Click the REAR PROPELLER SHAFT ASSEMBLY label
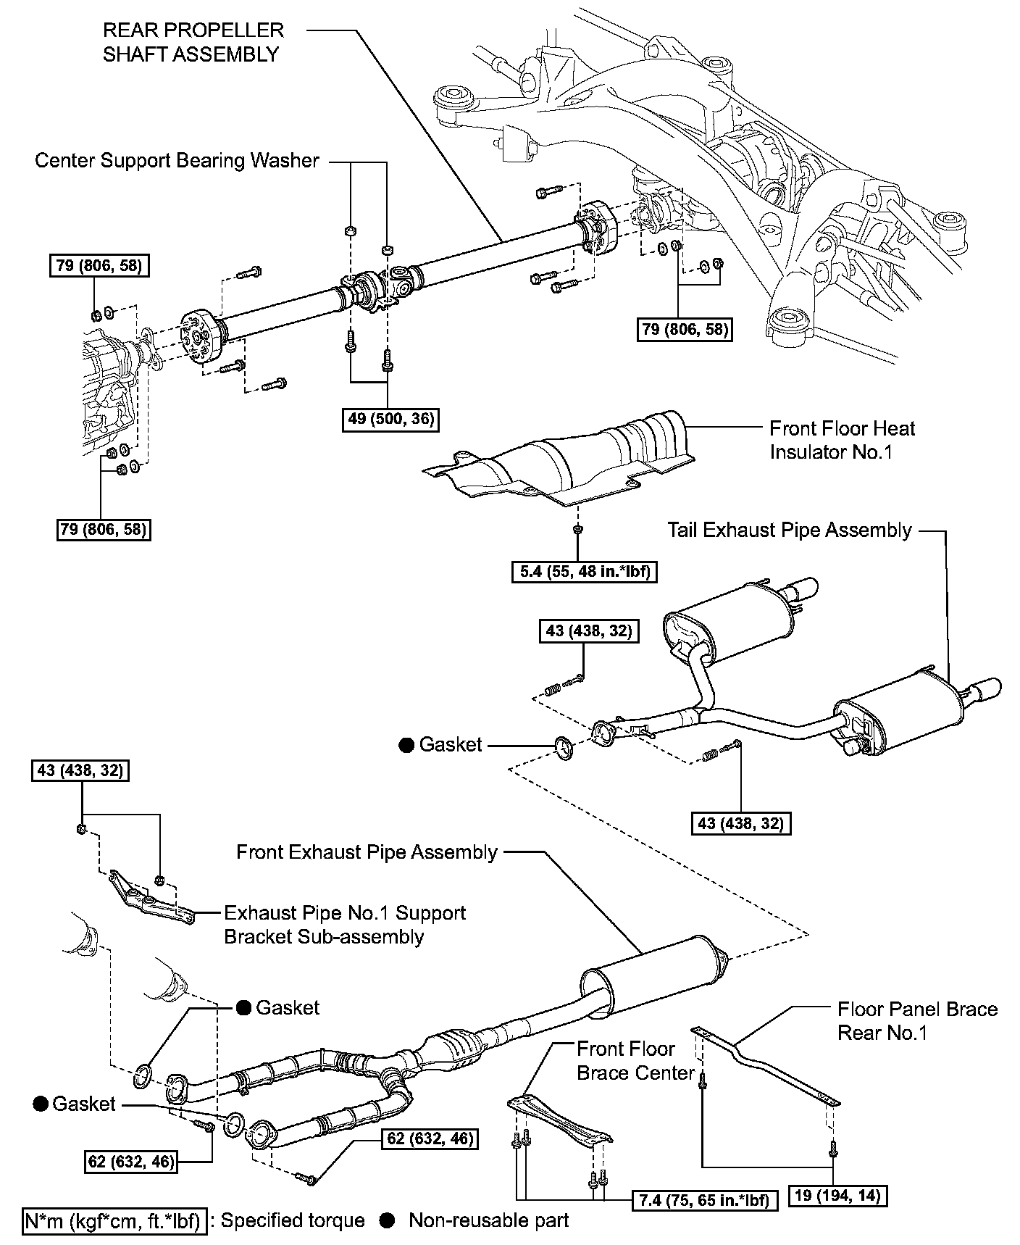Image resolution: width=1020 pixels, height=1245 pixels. (x=193, y=42)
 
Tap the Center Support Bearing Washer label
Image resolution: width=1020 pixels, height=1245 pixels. (x=177, y=160)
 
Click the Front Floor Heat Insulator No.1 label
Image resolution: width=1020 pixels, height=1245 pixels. (x=842, y=440)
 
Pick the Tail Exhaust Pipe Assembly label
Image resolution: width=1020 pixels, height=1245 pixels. (x=790, y=530)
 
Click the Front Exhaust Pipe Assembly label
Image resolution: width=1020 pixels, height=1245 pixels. (x=367, y=851)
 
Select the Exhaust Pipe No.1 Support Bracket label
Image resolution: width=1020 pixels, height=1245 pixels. (x=345, y=924)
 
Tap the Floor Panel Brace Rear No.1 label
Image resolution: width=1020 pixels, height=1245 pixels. (x=917, y=1020)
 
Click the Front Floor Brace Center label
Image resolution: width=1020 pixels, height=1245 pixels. (x=635, y=1060)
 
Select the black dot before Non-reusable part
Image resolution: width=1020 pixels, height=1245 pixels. (x=388, y=1220)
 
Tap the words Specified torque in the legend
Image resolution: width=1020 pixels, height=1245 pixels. (x=293, y=1220)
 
